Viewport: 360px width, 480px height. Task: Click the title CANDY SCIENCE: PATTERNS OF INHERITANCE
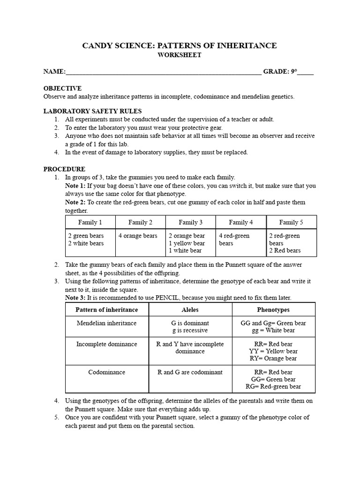180,45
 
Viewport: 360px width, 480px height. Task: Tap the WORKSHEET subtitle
180,55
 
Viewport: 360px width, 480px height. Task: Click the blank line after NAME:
164,72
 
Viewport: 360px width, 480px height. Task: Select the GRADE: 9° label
279,72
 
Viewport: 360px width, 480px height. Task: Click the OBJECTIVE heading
62,89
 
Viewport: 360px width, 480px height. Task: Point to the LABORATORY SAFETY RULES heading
92,112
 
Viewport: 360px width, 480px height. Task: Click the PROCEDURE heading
64,169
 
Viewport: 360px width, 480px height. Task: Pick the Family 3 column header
190,222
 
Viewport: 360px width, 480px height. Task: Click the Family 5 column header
291,222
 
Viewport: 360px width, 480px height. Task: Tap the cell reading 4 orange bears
138,236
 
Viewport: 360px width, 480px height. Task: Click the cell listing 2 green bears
86,236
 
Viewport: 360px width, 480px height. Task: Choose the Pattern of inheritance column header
107,310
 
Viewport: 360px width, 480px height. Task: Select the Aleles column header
190,310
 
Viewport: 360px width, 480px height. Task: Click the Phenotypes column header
273,310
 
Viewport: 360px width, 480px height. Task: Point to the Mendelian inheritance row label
107,323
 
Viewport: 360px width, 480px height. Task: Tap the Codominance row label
107,372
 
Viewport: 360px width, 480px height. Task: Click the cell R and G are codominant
190,372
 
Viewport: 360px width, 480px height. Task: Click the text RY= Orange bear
273,359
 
